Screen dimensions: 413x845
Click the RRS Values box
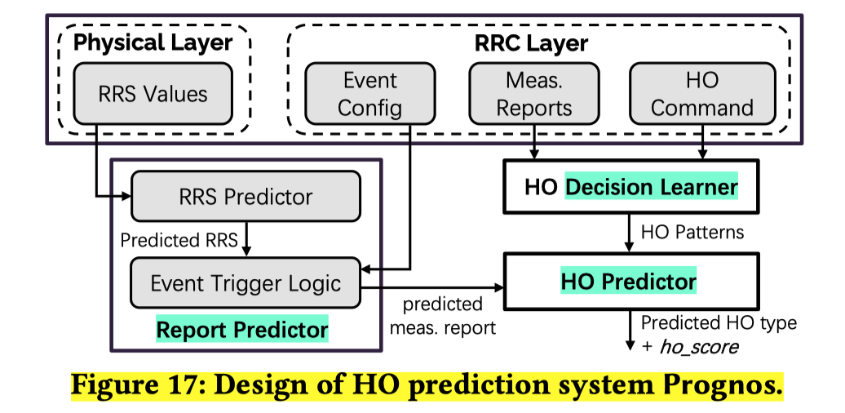[153, 93]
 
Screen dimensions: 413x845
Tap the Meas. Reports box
[534, 93]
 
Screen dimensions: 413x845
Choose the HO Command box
[702, 93]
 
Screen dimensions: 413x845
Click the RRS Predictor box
[246, 197]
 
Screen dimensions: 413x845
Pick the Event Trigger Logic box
[246, 283]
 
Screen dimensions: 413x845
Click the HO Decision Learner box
[630, 188]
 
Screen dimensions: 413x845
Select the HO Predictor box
[630, 282]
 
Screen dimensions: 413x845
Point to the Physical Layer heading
[153, 42]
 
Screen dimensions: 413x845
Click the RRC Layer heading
[531, 42]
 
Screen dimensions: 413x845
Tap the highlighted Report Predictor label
[242, 330]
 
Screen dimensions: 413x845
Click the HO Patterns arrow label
[692, 232]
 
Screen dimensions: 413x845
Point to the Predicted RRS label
[179, 241]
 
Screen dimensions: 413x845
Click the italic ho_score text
[699, 347]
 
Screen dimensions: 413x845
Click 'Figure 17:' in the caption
[135, 384]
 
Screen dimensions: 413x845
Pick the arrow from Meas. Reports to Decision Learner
[533, 148]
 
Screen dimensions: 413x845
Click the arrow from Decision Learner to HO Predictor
[628, 233]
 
